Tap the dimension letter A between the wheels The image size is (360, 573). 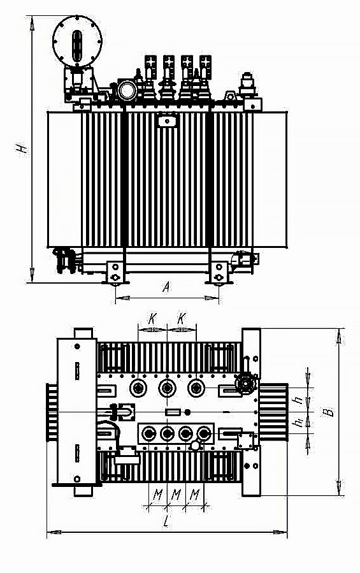coord(166,287)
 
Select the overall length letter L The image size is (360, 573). coord(166,521)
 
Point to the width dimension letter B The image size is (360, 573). coord(329,412)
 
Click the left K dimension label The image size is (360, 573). coord(152,319)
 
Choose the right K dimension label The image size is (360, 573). coord(182,319)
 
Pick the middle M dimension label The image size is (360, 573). coord(176,495)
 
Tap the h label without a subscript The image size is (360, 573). coord(300,400)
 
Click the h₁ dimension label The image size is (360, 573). coord(299,423)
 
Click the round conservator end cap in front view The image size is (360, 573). coord(77,41)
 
